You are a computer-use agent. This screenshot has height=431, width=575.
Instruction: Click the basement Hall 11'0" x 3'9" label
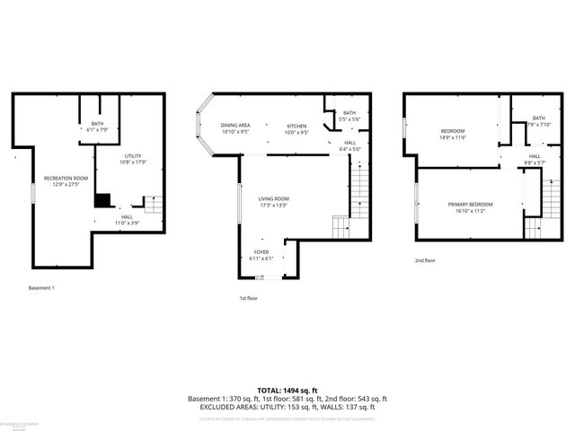(x=127, y=219)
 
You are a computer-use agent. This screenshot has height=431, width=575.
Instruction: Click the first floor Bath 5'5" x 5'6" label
(x=349, y=116)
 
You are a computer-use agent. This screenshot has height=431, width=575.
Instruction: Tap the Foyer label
(x=260, y=255)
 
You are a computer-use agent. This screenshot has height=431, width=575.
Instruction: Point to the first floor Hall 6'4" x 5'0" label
(x=349, y=145)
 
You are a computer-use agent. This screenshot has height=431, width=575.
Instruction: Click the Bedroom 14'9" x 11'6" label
(x=452, y=134)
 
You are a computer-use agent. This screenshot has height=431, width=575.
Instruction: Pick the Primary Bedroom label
(x=471, y=207)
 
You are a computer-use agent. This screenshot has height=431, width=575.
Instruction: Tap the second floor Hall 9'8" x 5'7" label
(x=534, y=160)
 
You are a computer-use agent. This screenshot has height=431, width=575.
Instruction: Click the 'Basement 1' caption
(x=41, y=288)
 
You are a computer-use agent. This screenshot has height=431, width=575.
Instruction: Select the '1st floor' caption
(x=249, y=297)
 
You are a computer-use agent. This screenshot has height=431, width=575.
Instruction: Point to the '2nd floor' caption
(x=425, y=260)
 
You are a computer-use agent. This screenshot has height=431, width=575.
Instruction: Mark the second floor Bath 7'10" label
(x=538, y=121)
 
